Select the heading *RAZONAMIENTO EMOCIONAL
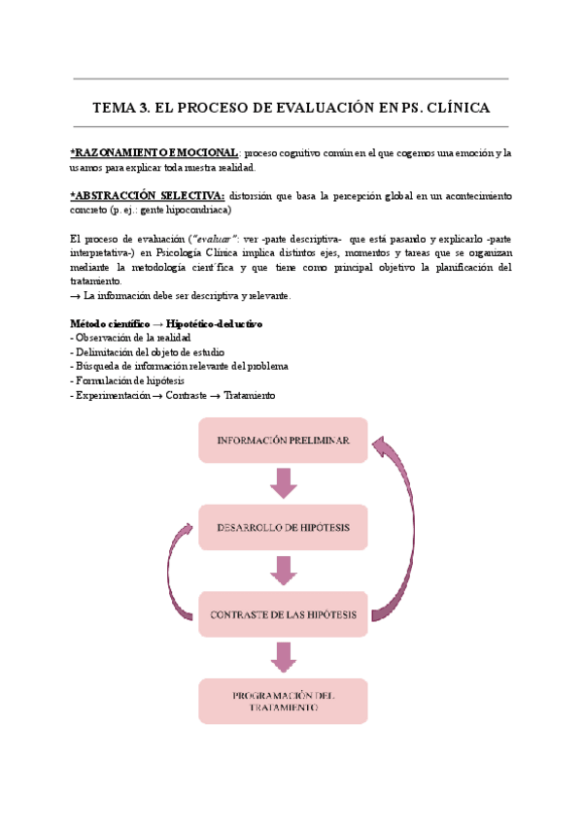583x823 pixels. point(154,153)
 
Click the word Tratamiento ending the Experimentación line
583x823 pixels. point(250,395)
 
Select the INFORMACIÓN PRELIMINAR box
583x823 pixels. point(283,441)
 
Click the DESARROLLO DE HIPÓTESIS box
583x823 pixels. point(283,529)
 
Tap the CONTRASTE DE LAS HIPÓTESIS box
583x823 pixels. point(283,615)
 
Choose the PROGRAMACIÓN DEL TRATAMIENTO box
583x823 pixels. point(283,702)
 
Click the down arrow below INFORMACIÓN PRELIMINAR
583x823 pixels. point(283,482)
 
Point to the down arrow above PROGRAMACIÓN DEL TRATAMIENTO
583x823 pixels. point(283,657)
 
